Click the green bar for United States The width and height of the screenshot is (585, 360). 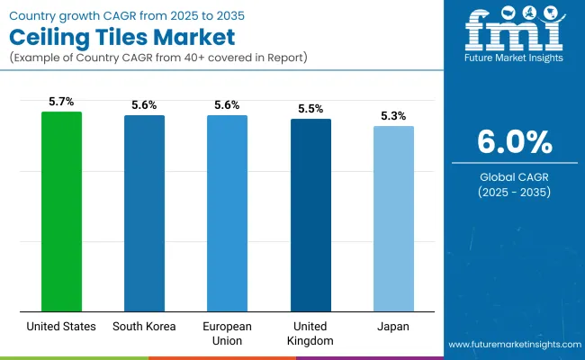[x=61, y=211]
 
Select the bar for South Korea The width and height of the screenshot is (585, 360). [x=144, y=213]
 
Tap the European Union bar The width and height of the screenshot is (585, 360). [x=227, y=213]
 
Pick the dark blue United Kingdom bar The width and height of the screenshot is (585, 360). [x=310, y=215]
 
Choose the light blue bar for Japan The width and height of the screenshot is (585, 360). [x=393, y=219]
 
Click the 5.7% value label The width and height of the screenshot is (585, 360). [x=61, y=102]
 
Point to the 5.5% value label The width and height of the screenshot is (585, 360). [x=310, y=109]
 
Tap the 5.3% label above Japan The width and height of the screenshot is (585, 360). [x=393, y=116]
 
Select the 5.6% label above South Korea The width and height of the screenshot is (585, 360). [x=144, y=105]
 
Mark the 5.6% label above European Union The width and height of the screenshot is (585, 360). [x=227, y=105]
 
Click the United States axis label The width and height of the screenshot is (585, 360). [x=61, y=327]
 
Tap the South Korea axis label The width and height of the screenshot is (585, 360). [x=144, y=327]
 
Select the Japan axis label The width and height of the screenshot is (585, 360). [x=393, y=327]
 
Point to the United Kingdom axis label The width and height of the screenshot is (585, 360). [x=310, y=334]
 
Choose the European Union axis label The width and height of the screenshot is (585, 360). [x=227, y=334]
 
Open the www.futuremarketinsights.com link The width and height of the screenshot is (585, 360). [x=512, y=345]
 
